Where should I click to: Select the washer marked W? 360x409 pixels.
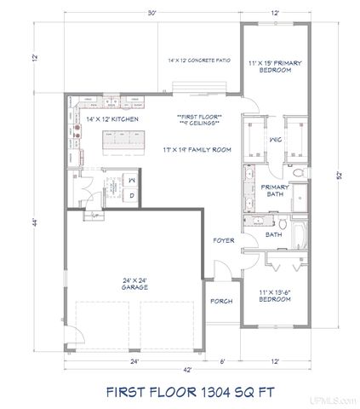(x=132, y=181)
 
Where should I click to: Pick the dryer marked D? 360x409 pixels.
(x=132, y=195)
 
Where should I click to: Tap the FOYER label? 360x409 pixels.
(x=223, y=241)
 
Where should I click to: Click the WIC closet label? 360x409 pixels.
(x=275, y=139)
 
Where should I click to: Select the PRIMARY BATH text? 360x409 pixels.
(x=276, y=191)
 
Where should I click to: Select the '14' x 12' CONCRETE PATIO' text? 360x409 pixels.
(x=199, y=60)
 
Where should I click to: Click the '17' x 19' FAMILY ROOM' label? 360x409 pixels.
(x=197, y=149)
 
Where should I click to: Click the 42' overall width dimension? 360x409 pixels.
(x=186, y=369)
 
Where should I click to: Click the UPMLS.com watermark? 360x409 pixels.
(x=340, y=400)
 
